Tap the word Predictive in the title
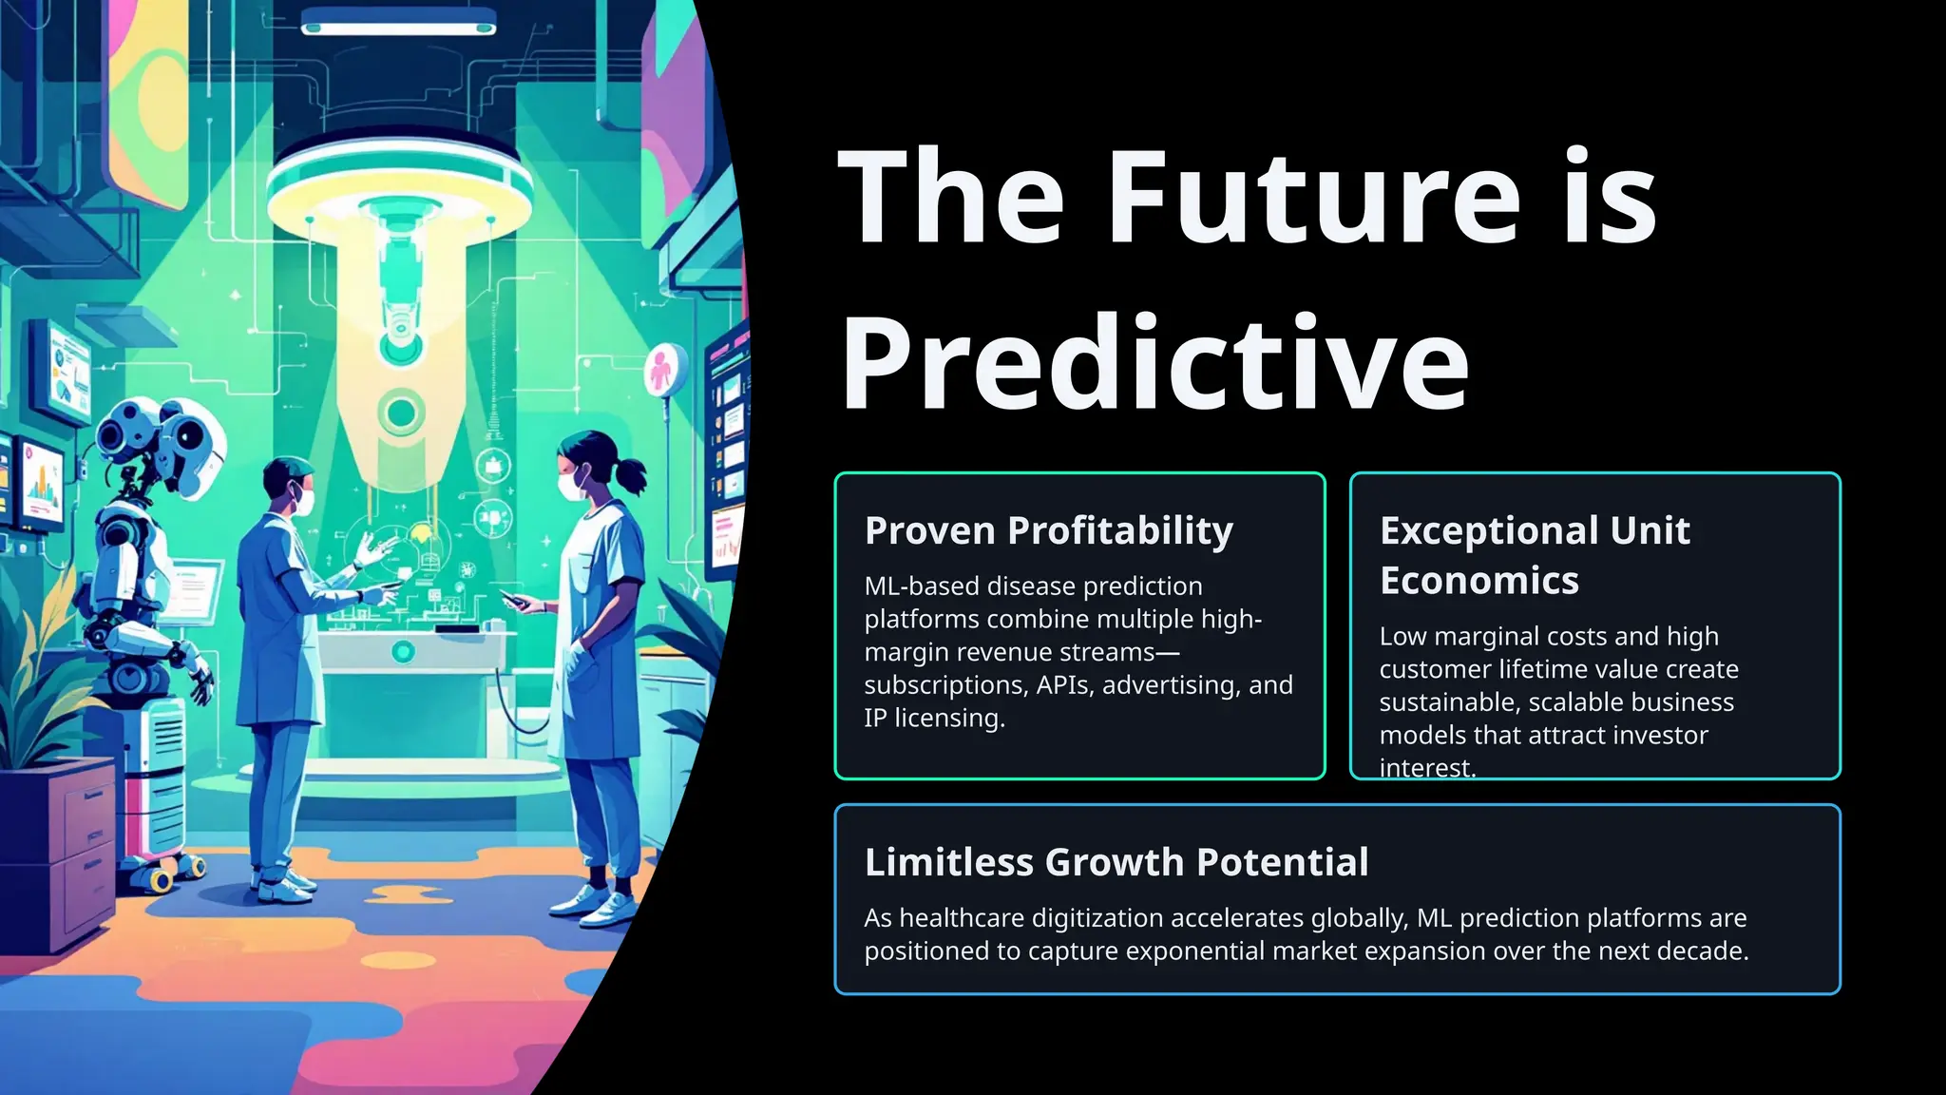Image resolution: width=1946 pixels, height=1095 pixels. pos(1154,365)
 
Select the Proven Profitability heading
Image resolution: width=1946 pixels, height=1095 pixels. pos(1049,530)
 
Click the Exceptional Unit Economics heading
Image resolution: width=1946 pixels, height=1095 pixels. pos(1534,555)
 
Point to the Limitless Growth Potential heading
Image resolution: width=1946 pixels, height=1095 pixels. pos(1116,862)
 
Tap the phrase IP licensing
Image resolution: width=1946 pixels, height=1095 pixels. pos(933,719)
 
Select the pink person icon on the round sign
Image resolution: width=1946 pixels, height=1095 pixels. pos(662,370)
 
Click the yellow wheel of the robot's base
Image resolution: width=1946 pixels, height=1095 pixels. pos(161,880)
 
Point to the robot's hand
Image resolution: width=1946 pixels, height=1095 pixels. pos(200,681)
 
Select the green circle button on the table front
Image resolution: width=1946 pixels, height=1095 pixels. pos(403,652)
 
